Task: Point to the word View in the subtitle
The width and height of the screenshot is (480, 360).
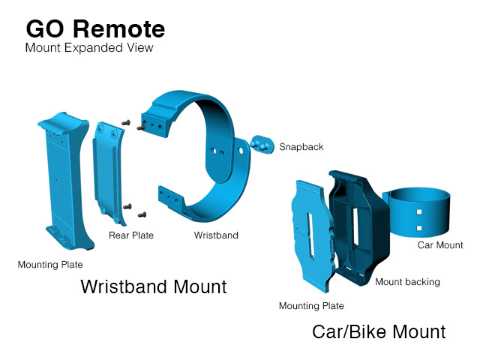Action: click(x=140, y=48)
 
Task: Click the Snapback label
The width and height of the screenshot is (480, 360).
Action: click(x=301, y=147)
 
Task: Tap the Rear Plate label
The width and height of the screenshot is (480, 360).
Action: click(x=132, y=235)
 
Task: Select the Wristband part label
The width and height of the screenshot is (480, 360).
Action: click(x=216, y=235)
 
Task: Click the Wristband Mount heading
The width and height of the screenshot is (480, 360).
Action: click(x=154, y=287)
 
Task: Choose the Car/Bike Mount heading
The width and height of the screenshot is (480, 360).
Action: click(x=379, y=331)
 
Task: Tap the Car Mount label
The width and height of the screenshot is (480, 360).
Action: click(x=440, y=245)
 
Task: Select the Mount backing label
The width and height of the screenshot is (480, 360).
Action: click(x=407, y=282)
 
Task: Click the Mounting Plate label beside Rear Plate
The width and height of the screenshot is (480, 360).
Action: click(x=50, y=264)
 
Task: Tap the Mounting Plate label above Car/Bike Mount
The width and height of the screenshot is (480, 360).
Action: click(x=311, y=306)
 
